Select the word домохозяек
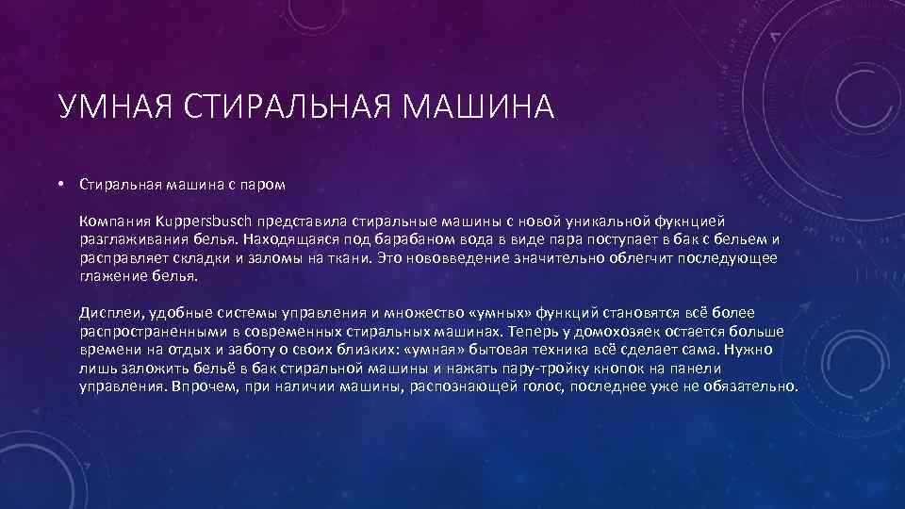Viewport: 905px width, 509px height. pos(613,332)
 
